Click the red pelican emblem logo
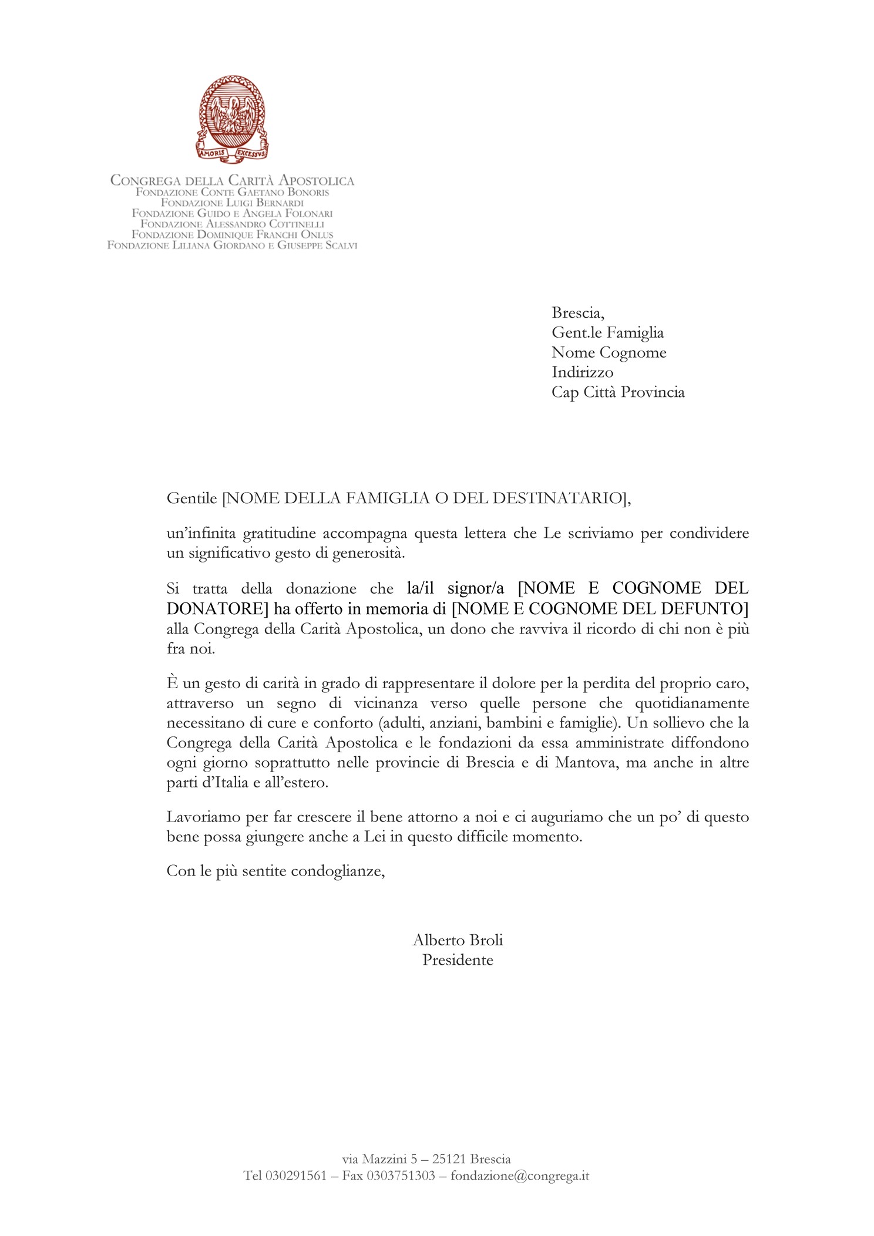231,119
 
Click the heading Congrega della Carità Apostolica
232,180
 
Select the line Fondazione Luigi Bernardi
232,203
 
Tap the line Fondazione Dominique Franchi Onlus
232,235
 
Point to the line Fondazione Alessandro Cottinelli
232,224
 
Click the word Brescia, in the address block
577,313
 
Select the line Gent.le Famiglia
607,333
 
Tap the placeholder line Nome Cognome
609,352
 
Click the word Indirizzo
582,372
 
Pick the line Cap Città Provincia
618,392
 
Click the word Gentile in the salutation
191,499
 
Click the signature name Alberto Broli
458,940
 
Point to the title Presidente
458,960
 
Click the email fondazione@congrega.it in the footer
520,1176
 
